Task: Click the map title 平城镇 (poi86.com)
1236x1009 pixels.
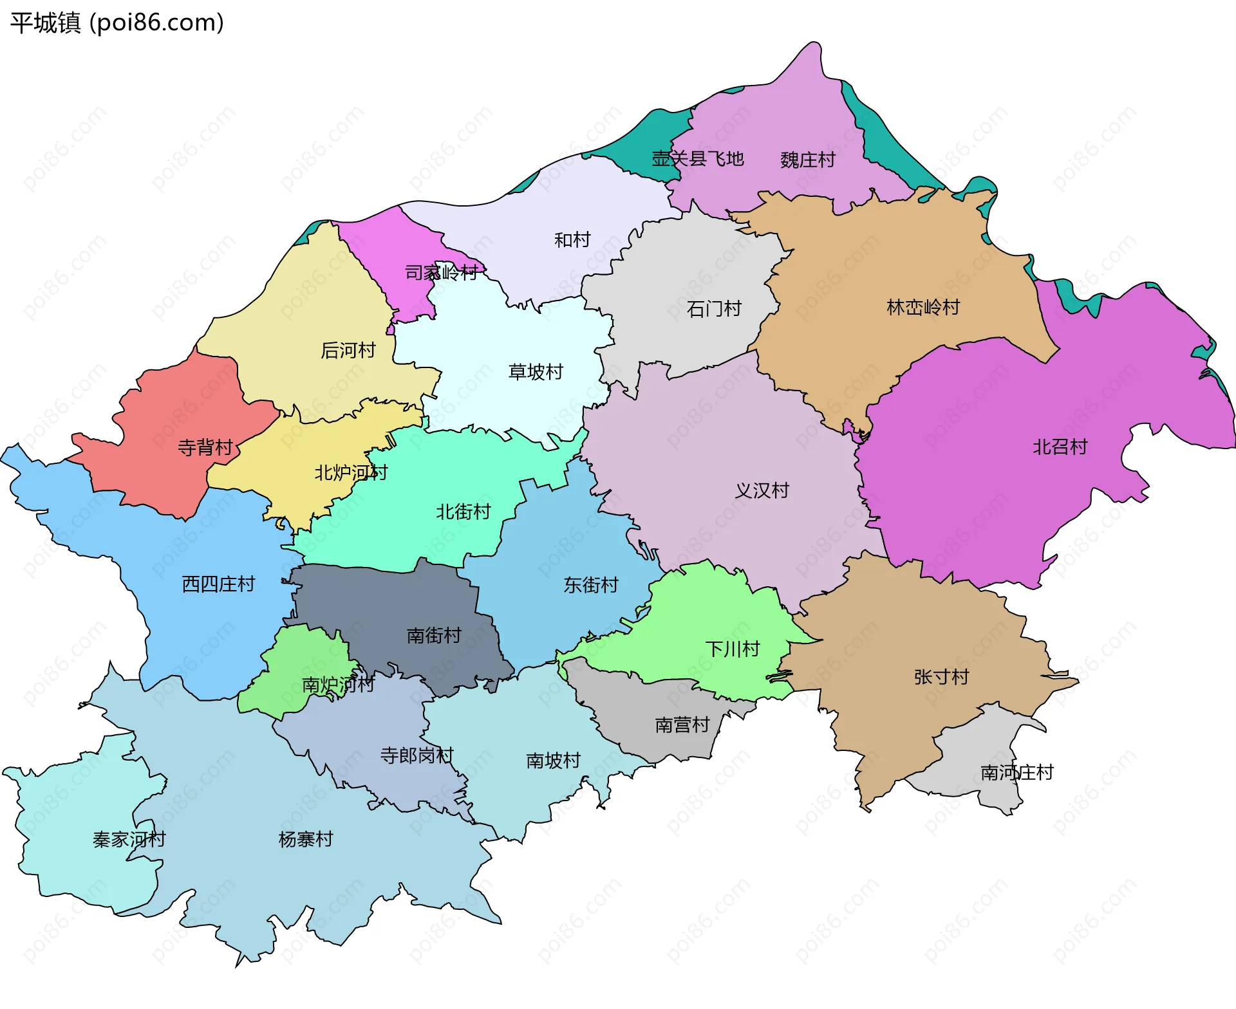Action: tap(117, 23)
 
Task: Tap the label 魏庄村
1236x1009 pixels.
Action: tap(807, 160)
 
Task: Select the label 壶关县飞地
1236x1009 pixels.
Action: tap(697, 158)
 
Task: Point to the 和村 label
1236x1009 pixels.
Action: tap(572, 240)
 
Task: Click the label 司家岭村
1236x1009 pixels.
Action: tap(442, 273)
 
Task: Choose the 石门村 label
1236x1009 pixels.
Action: tap(714, 309)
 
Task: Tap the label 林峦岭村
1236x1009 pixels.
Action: tap(923, 308)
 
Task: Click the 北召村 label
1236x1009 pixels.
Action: tap(1060, 447)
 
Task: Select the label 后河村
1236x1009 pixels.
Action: tap(348, 351)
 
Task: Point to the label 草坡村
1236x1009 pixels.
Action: tap(536, 372)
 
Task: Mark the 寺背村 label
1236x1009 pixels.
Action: tap(205, 447)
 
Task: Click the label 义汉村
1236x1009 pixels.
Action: tap(762, 490)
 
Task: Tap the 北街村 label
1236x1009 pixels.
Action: tap(464, 512)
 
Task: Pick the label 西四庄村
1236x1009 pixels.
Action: tap(218, 584)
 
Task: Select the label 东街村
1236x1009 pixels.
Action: tap(591, 584)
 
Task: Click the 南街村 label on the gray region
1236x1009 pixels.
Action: tap(434, 636)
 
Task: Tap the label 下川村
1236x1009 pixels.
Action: tap(733, 649)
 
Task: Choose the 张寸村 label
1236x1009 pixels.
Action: tap(941, 677)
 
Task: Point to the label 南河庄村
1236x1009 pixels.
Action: tap(1016, 772)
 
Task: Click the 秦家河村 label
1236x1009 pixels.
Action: tap(129, 839)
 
